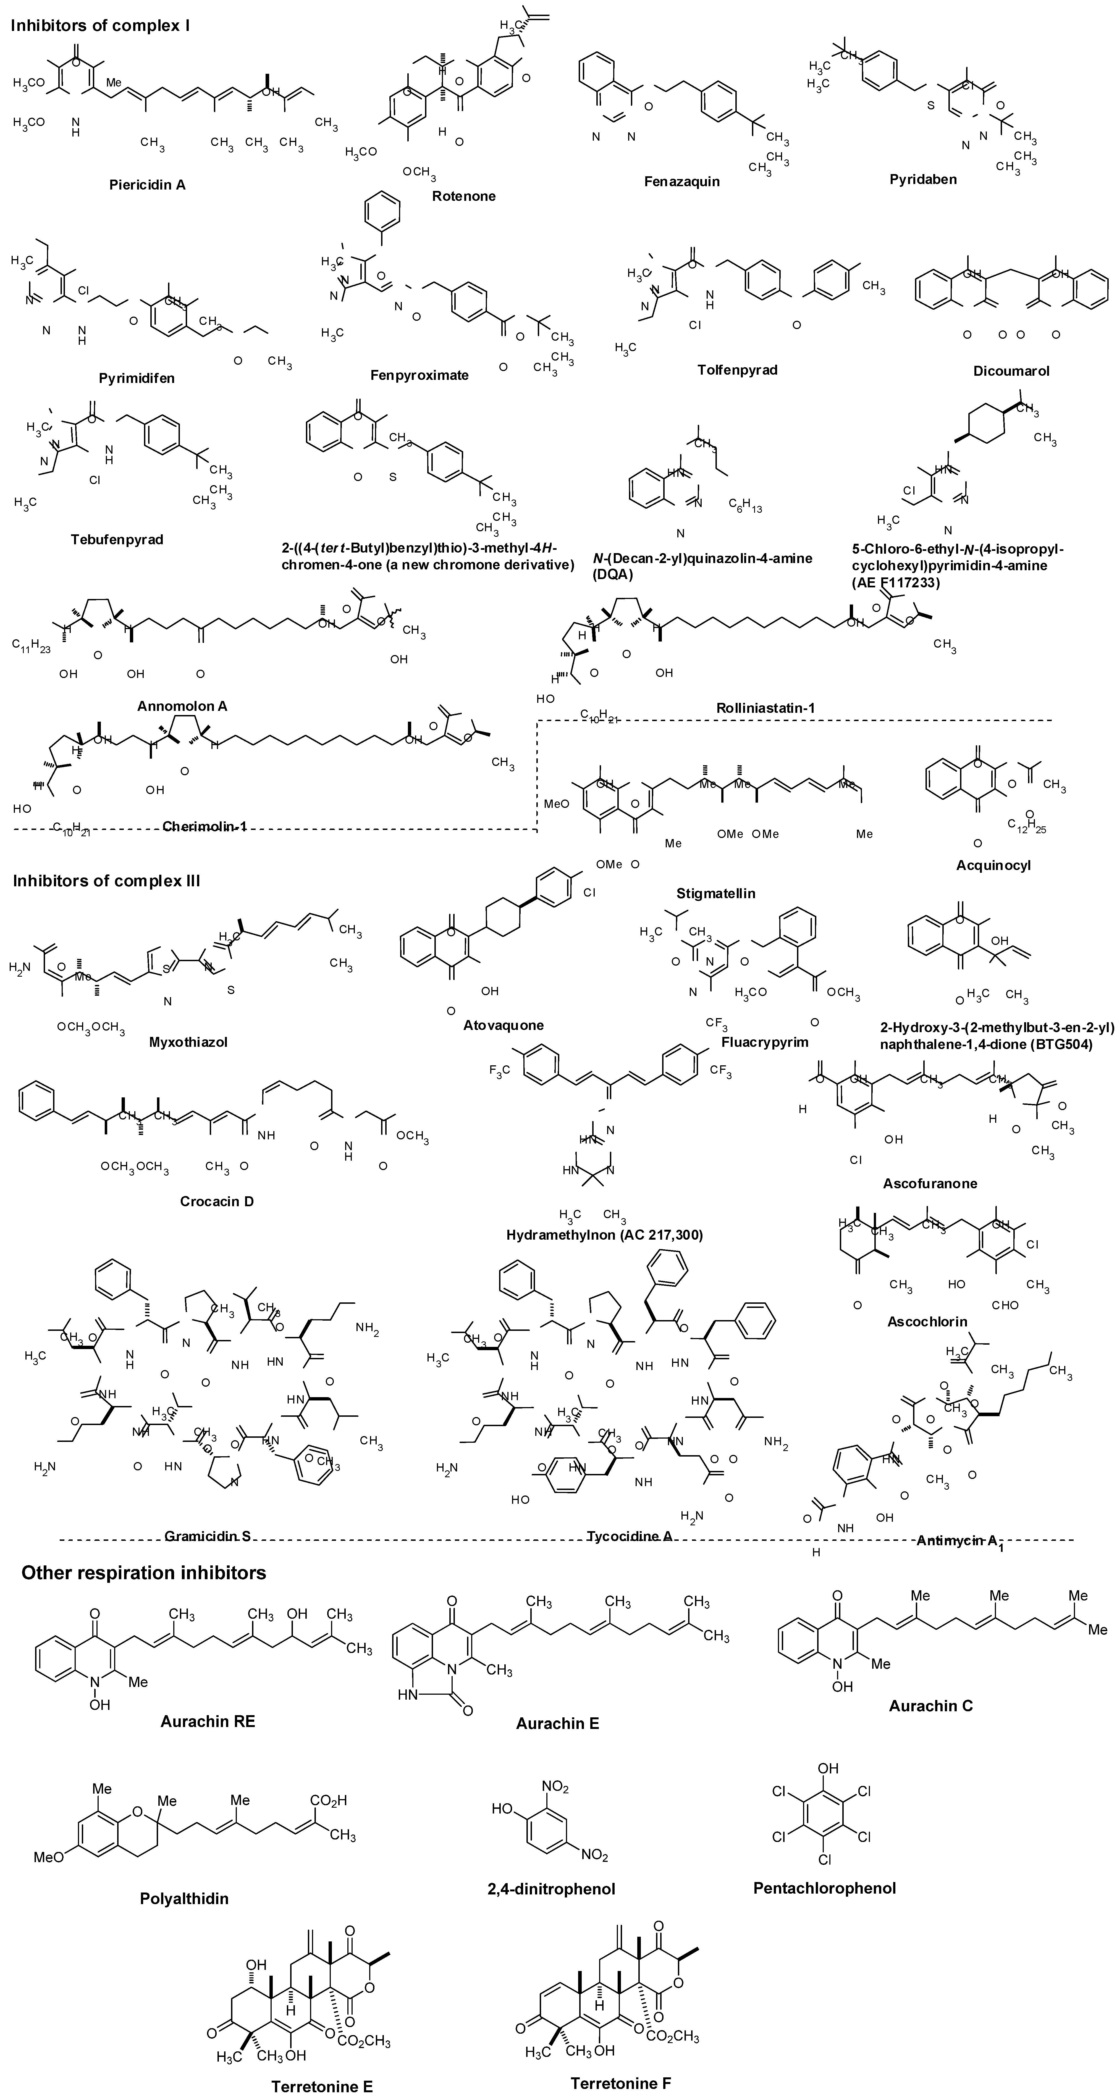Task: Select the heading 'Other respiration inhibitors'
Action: click(x=143, y=1573)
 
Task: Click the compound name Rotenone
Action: click(x=464, y=196)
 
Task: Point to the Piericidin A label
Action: click(x=148, y=185)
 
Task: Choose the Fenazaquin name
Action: click(x=682, y=181)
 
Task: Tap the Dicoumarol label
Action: click(x=1011, y=371)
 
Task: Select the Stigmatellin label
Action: click(x=715, y=893)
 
